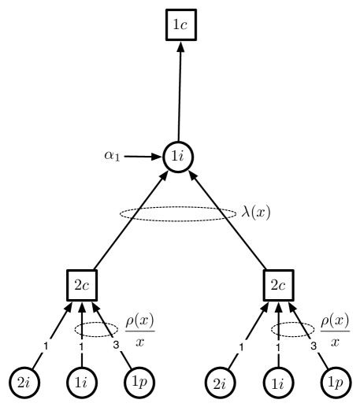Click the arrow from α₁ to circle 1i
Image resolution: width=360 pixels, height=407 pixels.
(143, 156)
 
